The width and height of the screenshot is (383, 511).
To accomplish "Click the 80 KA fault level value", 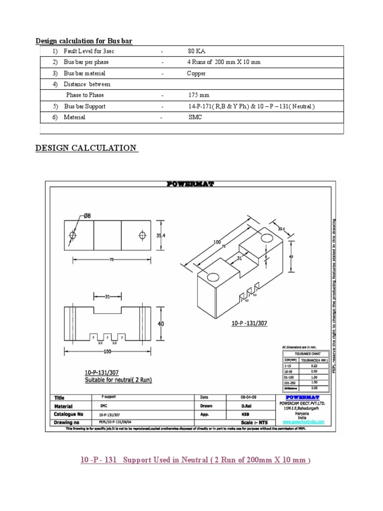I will click(x=196, y=51).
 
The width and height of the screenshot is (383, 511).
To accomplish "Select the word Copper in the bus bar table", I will click(x=196, y=73).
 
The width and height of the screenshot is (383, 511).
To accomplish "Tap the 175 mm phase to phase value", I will click(x=198, y=95).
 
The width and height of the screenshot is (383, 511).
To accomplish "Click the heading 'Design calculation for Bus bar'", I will click(x=84, y=40).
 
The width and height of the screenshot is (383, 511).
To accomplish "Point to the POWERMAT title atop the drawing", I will click(x=190, y=184).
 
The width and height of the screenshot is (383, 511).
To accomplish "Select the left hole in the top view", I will click(x=73, y=235).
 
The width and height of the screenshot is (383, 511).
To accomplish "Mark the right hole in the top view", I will click(x=143, y=235).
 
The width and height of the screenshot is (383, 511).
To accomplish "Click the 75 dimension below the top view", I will click(x=107, y=259).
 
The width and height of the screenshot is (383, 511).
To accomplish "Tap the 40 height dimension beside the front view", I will click(x=161, y=324).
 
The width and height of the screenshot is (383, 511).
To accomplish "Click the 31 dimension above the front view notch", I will click(x=107, y=297).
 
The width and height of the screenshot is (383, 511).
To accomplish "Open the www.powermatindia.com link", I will click(x=304, y=422).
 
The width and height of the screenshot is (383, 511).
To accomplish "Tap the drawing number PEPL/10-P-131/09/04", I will click(x=118, y=422).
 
